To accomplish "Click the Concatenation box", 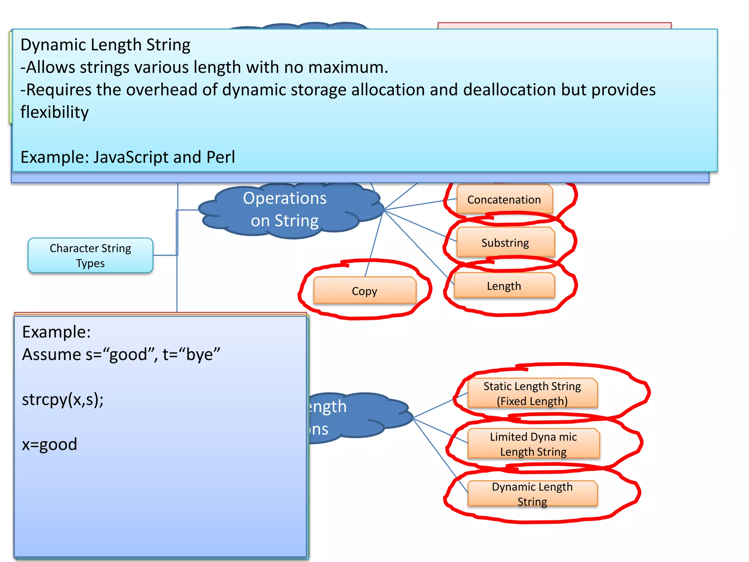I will (504, 199).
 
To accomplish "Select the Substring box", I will (505, 243).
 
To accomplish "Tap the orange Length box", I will (504, 286).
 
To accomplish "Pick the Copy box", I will (364, 291).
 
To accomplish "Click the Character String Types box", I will (90, 255).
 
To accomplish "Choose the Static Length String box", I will (532, 393).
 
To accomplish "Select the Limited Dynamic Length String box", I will (533, 444).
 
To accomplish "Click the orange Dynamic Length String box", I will (532, 494).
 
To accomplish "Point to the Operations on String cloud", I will (285, 210).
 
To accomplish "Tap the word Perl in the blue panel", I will (221, 157).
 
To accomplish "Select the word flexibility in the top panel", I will (54, 112).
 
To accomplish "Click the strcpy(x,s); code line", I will (63, 399).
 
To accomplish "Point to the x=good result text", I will (49, 444).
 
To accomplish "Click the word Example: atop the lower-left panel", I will (56, 332).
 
